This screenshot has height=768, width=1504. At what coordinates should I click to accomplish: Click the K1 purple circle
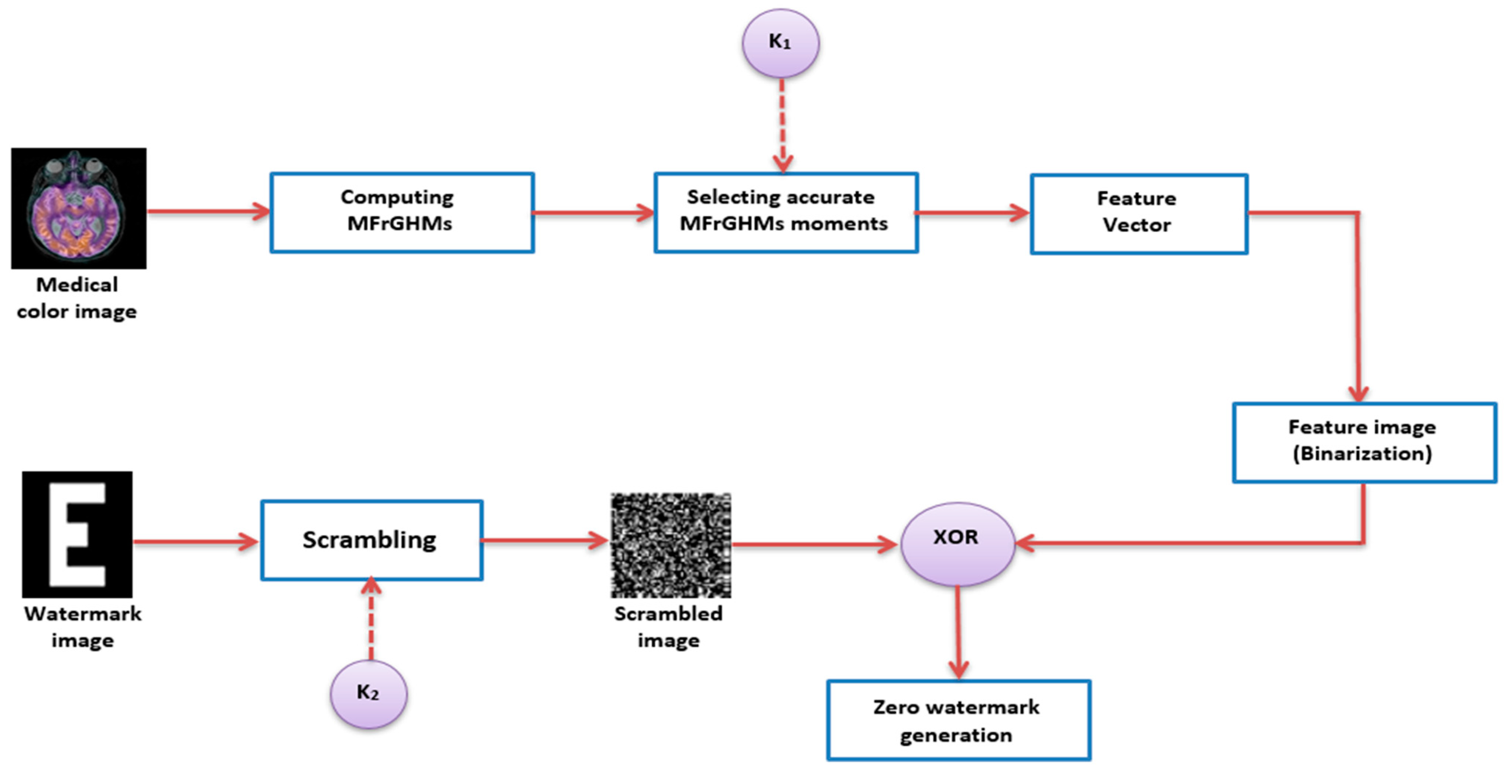[x=781, y=42]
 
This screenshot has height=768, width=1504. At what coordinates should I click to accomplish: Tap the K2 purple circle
[x=369, y=694]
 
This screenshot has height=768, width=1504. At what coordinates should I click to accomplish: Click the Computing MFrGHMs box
[x=402, y=212]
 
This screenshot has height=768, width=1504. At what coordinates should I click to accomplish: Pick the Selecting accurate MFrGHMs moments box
[x=786, y=212]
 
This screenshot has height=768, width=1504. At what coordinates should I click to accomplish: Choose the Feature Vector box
[x=1138, y=214]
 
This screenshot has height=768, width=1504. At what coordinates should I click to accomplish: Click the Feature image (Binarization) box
[x=1364, y=442]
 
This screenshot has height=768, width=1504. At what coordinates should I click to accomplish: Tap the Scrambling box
[x=371, y=540]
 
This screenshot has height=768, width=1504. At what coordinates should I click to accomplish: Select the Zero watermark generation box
[x=958, y=720]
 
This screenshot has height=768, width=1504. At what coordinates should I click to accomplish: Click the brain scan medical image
[x=79, y=208]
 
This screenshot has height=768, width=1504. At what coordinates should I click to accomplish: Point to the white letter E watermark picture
[x=77, y=534]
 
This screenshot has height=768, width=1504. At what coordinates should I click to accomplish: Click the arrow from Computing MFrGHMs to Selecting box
[x=593, y=212]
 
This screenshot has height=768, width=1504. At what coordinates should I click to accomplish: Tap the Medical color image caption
[x=77, y=298]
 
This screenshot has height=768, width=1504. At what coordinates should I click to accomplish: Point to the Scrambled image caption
[x=668, y=627]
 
